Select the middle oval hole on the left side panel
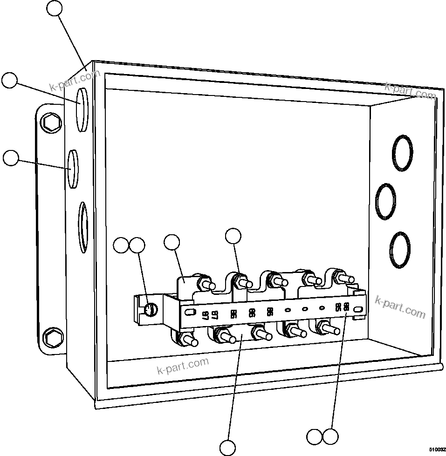[72, 168]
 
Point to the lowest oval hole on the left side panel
[82, 226]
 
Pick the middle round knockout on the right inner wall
[386, 201]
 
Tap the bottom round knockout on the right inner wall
[400, 249]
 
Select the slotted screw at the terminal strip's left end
[149, 309]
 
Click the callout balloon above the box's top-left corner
[55, 8]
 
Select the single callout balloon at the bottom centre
[228, 447]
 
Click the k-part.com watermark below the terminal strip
[183, 366]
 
